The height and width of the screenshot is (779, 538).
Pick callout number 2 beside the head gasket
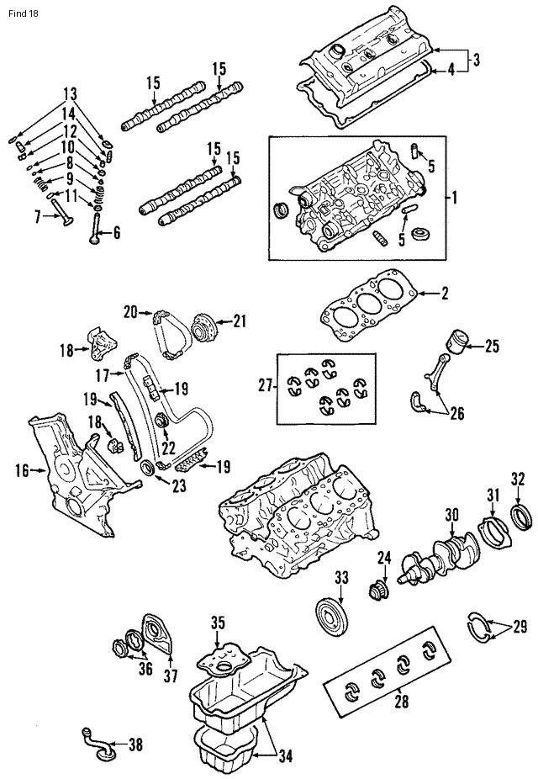(x=445, y=294)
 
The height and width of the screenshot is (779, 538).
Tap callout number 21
(x=240, y=321)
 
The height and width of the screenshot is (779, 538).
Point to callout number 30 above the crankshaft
(x=451, y=515)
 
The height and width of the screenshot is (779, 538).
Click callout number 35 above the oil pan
(x=219, y=623)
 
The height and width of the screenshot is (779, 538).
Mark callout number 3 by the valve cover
(x=476, y=60)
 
